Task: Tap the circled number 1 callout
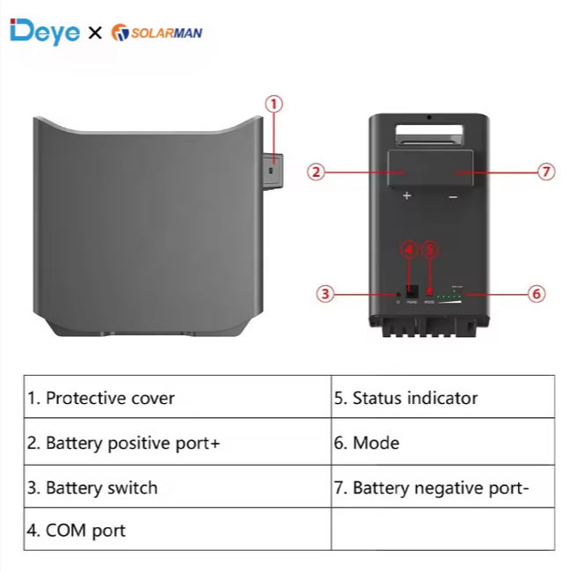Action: (274, 104)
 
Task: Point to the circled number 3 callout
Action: (326, 294)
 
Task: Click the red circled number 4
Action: (408, 249)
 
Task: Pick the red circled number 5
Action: (430, 249)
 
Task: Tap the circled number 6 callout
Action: (537, 294)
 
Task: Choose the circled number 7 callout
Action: (547, 172)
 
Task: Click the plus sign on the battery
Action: (407, 196)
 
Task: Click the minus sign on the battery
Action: (453, 197)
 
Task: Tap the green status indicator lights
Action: (449, 296)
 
